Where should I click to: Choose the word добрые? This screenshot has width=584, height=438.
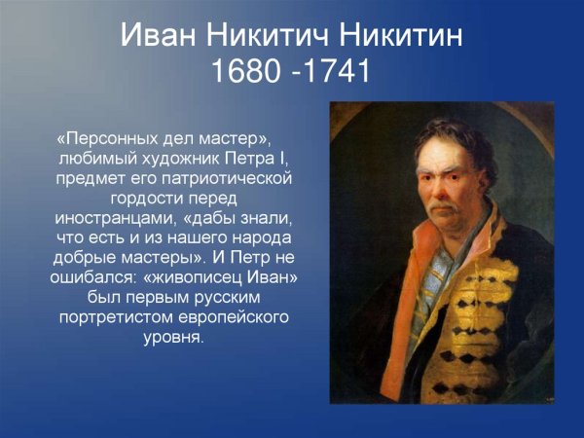91,259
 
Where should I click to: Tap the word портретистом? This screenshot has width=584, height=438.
114,318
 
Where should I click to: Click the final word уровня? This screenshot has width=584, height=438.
174,339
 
